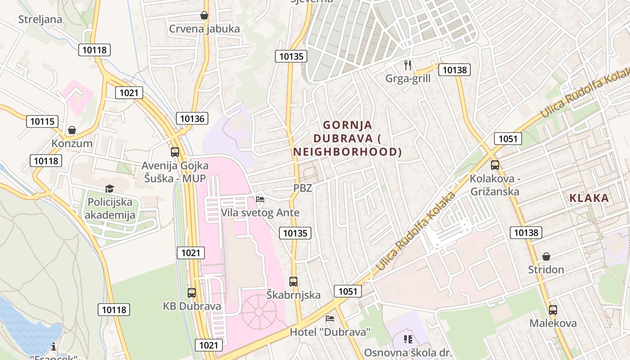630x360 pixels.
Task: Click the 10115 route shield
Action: [42, 121]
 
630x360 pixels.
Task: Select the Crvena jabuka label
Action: [204, 29]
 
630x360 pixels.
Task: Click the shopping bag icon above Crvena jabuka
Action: [204, 15]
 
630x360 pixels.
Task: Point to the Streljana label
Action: [40, 19]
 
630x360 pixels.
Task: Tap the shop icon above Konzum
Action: [72, 130]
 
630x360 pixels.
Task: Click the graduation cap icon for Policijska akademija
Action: [110, 189]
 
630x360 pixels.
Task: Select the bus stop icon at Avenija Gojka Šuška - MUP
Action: [175, 152]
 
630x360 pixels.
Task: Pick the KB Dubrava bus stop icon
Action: [192, 293]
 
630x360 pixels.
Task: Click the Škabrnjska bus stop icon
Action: [293, 282]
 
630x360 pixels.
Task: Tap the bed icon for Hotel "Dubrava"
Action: [330, 319]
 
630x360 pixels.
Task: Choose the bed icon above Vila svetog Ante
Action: [260, 199]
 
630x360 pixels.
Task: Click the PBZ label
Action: [302, 188]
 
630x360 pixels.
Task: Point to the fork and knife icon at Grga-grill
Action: [408, 65]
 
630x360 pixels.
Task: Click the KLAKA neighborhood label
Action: [589, 198]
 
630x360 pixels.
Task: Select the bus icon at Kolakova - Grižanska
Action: [495, 165]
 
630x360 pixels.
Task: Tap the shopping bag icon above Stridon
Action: [546, 256]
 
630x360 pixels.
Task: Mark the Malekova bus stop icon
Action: [553, 310]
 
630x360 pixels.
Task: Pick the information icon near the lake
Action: [54, 346]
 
